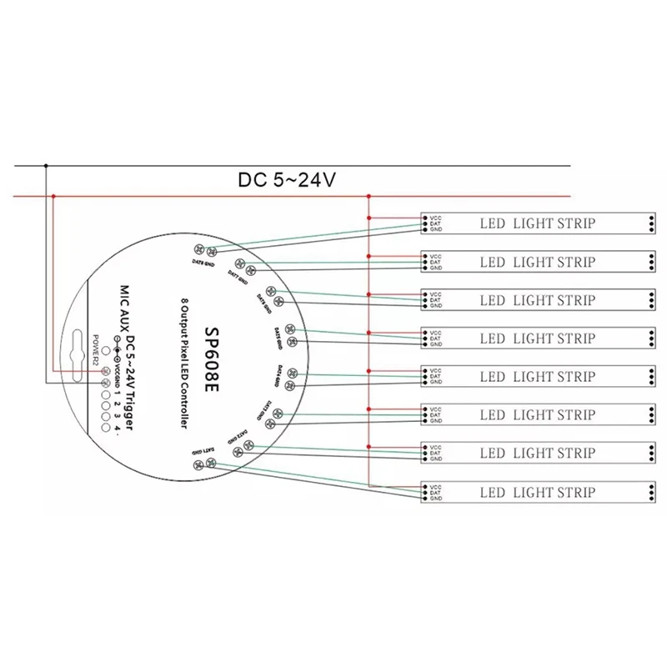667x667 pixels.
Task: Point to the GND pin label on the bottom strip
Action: click(x=434, y=498)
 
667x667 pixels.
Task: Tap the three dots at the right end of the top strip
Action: click(x=650, y=223)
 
